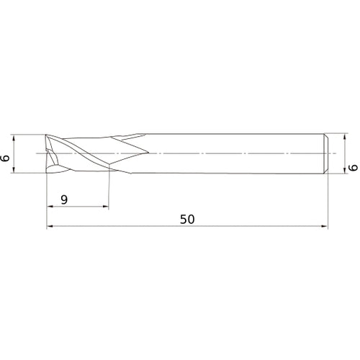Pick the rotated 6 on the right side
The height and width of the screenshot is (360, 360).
(x=352, y=167)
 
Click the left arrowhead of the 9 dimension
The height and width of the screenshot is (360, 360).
(x=50, y=207)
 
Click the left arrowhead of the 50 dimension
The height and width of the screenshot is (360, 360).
(x=50, y=227)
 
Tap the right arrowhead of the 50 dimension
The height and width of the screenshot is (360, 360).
(x=327, y=227)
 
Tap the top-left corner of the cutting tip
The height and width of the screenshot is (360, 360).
(x=48, y=135)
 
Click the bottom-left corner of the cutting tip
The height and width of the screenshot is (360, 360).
(x=48, y=173)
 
